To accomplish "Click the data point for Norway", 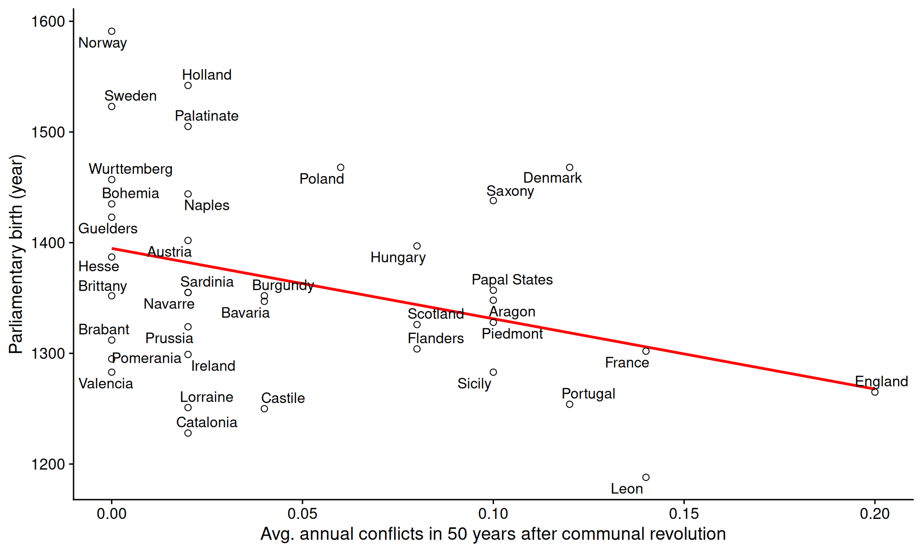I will (x=111, y=32).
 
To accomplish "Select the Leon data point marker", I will (x=646, y=477).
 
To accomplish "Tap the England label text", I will (x=881, y=382).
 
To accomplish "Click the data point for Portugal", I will (x=570, y=404).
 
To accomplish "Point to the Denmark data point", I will (x=570, y=168).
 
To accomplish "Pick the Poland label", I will (x=322, y=179).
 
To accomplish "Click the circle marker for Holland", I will (x=188, y=85).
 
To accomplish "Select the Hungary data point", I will (x=417, y=246).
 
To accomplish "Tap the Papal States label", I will (x=512, y=280).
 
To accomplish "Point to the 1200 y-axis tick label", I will (x=48, y=464).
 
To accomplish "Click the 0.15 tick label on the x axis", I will (x=684, y=514).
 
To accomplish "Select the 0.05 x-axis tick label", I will (x=302, y=514).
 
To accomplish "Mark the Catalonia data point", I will (x=188, y=433).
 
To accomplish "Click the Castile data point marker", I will (x=264, y=409).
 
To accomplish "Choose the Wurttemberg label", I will (x=131, y=169).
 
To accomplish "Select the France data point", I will (x=646, y=351).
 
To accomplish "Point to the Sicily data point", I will (x=493, y=372).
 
